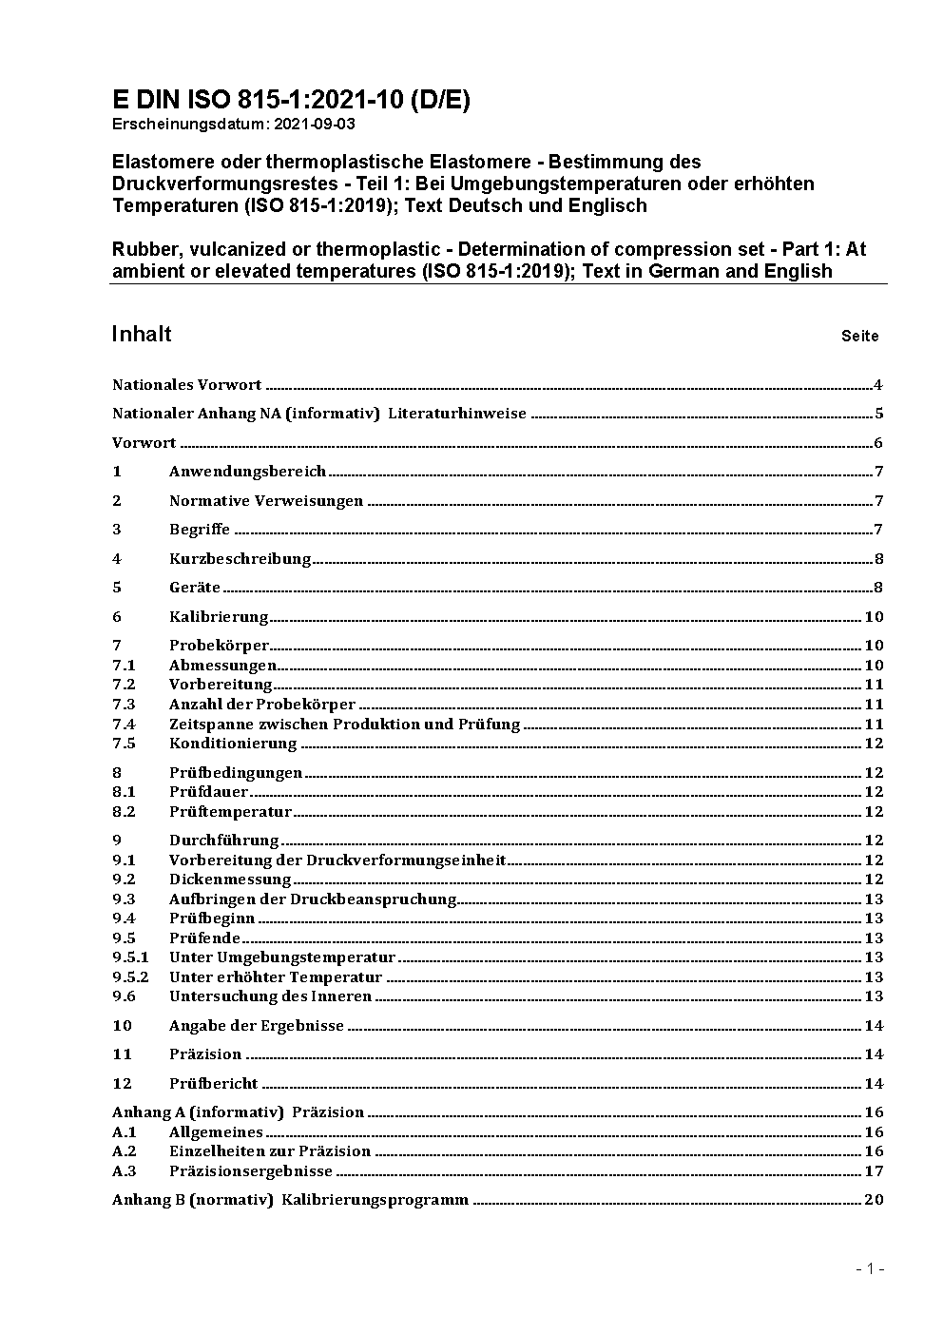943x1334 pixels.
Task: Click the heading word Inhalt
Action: pyautogui.click(x=142, y=334)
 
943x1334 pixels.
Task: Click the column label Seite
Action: pyautogui.click(x=859, y=336)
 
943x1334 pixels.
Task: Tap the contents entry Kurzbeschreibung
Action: pyautogui.click(x=240, y=559)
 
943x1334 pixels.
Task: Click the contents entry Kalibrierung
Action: pyautogui.click(x=219, y=617)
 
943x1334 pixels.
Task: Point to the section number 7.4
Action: pyautogui.click(x=124, y=724)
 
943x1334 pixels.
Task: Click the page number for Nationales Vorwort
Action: pyautogui.click(x=878, y=385)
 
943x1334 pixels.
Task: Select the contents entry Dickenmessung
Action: pyautogui.click(x=217, y=880)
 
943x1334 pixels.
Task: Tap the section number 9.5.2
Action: pyautogui.click(x=130, y=977)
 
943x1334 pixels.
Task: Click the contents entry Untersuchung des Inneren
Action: pyautogui.click(x=270, y=996)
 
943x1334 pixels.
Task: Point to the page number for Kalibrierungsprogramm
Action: pyautogui.click(x=874, y=1200)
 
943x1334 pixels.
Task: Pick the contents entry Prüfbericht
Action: pyautogui.click(x=213, y=1084)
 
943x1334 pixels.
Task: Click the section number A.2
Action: pyautogui.click(x=125, y=1151)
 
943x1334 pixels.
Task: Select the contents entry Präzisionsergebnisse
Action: pyautogui.click(x=251, y=1171)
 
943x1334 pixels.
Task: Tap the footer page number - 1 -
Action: pyautogui.click(x=870, y=1268)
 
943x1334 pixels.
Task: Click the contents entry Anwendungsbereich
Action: pyautogui.click(x=247, y=472)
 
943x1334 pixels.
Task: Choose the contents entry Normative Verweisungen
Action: pyautogui.click(x=266, y=501)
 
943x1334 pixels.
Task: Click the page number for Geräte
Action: pyautogui.click(x=878, y=588)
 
